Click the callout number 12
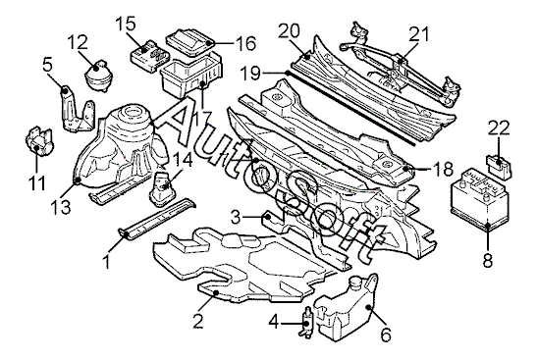[x=78, y=42]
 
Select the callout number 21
[x=418, y=34]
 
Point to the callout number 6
[x=386, y=335]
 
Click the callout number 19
[x=250, y=74]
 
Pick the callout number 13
[x=61, y=206]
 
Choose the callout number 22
[x=499, y=129]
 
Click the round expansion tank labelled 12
[x=97, y=77]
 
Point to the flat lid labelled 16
[x=190, y=41]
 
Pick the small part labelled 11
[x=39, y=142]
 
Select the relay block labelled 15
[x=150, y=56]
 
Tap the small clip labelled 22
[x=500, y=166]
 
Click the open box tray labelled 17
[x=191, y=75]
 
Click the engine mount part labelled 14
[x=162, y=189]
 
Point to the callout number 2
[x=198, y=322]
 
